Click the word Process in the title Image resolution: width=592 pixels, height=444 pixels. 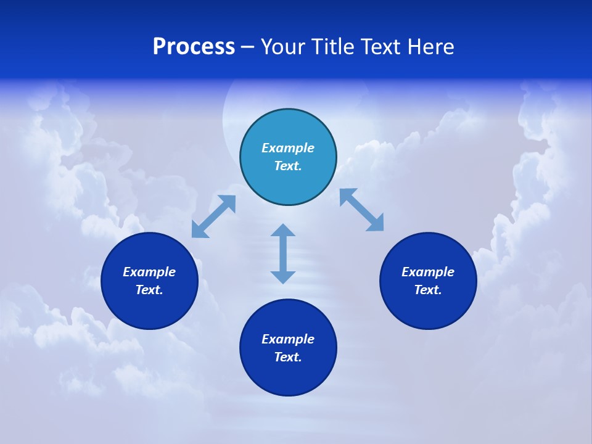194,47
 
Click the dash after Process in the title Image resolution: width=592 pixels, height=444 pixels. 247,47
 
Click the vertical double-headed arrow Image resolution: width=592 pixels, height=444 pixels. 283,253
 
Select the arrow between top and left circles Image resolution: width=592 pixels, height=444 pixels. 213,216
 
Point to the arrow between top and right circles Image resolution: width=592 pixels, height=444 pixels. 362,210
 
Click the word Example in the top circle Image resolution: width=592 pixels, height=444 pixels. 288,148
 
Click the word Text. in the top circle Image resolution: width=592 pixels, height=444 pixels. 288,166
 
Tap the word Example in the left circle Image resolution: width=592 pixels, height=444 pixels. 149,272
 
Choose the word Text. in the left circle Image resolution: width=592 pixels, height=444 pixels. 149,290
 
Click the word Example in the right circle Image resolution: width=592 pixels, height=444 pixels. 428,272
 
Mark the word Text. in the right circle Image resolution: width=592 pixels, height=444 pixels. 428,290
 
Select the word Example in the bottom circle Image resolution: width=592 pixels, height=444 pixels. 288,339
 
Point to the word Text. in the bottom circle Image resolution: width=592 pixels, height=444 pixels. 288,357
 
